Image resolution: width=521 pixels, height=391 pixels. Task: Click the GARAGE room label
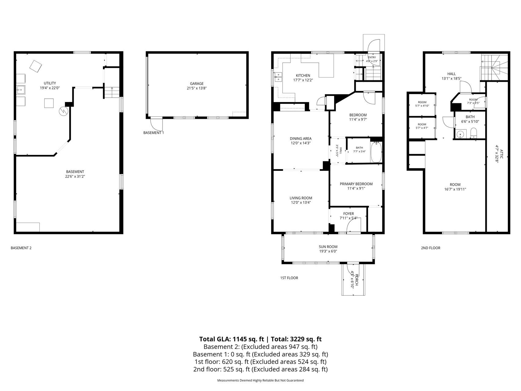pyautogui.click(x=197, y=83)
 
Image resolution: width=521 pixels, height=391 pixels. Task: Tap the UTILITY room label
pyautogui.click(x=50, y=83)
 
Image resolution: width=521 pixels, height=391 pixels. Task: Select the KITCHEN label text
pyautogui.click(x=303, y=75)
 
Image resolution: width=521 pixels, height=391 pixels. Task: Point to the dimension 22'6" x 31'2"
pyautogui.click(x=75, y=176)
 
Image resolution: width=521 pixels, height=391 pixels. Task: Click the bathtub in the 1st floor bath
pyautogui.click(x=376, y=152)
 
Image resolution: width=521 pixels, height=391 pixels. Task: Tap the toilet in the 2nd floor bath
pyautogui.click(x=474, y=133)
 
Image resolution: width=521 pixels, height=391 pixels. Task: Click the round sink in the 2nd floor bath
pyautogui.click(x=461, y=134)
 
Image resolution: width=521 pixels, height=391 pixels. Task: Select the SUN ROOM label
pyautogui.click(x=328, y=247)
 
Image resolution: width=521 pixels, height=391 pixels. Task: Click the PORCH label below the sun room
pyautogui.click(x=356, y=281)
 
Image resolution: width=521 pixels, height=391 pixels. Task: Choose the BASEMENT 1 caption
pyautogui.click(x=154, y=133)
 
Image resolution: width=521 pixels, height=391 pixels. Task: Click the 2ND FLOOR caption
pyautogui.click(x=431, y=248)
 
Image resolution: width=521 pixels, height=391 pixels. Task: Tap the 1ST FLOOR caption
pyautogui.click(x=289, y=278)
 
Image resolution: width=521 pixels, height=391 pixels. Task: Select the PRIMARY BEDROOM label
pyautogui.click(x=356, y=184)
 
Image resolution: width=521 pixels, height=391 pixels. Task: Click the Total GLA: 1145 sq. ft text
pyautogui.click(x=231, y=339)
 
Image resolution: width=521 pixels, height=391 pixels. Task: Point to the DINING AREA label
pyautogui.click(x=301, y=139)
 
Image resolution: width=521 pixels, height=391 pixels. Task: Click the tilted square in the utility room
pyautogui.click(x=36, y=66)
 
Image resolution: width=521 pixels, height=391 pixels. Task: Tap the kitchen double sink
pyautogui.click(x=278, y=77)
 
